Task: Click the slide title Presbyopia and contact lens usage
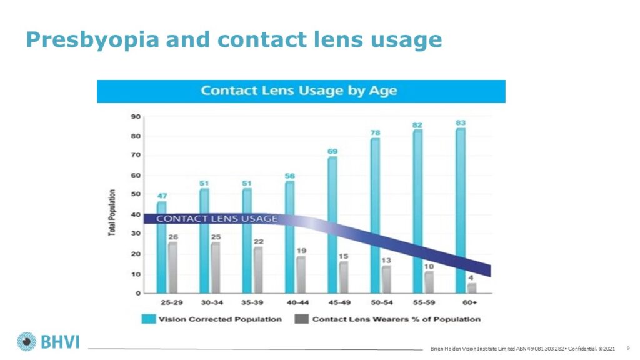click(234, 40)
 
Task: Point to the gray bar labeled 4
click(472, 288)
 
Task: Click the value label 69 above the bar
click(332, 152)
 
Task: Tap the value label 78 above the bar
click(375, 132)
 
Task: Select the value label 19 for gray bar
click(301, 251)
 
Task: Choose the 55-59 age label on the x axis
click(423, 302)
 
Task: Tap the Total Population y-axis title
click(112, 212)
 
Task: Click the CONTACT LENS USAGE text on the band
click(216, 219)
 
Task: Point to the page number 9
click(627, 347)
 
